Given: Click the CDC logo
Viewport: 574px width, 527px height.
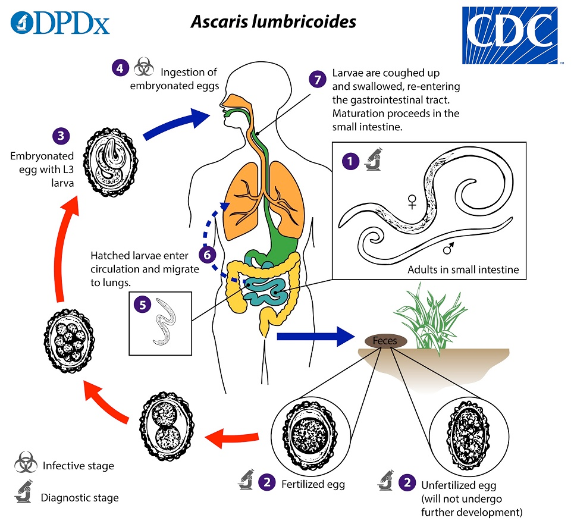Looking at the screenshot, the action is [510, 36].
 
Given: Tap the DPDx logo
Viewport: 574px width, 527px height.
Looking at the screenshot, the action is [60, 23].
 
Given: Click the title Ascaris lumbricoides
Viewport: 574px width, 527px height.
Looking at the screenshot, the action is [274, 21].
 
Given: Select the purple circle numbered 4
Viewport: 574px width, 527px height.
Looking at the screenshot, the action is [120, 68].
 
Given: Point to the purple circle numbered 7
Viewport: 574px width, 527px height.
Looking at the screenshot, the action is [318, 79].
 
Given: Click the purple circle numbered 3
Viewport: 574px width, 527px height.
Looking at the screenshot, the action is [61, 136].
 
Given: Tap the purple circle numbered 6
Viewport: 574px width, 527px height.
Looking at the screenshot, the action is [208, 255].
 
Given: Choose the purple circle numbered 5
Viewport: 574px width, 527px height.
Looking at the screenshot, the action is [142, 305].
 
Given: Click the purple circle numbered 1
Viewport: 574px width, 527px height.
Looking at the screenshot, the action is [350, 161].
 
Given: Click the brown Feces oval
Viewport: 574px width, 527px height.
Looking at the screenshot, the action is [386, 341].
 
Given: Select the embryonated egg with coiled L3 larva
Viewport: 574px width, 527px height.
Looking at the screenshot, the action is [111, 162].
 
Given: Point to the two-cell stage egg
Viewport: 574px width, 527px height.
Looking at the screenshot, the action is [167, 426].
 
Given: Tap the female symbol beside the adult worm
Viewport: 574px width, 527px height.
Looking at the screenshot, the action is [412, 202].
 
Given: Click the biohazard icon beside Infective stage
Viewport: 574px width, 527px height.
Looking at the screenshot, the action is [26, 463].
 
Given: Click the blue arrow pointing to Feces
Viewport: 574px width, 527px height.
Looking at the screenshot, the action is [316, 336].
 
